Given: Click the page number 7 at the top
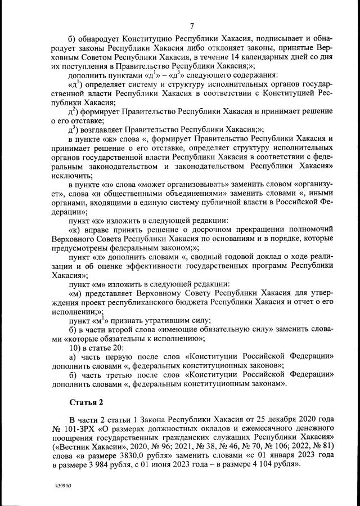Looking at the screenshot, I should click(x=192, y=25).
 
